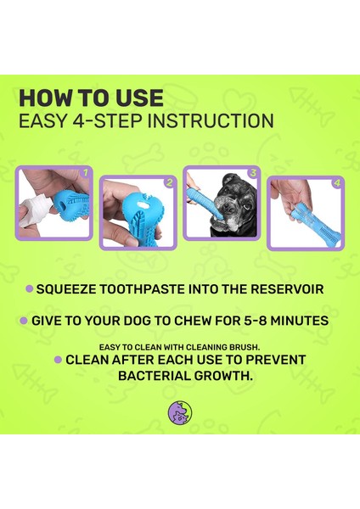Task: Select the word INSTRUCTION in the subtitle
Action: [213, 120]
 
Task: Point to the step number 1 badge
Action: [86, 172]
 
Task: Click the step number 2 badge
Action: [169, 182]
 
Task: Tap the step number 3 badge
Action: [253, 173]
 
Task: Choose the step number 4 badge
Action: [337, 183]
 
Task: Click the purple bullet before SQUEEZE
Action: [30, 289]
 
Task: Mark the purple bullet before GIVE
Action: [24, 321]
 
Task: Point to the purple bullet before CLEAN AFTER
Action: [58, 360]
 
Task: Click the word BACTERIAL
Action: [154, 376]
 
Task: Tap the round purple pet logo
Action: [180, 412]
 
